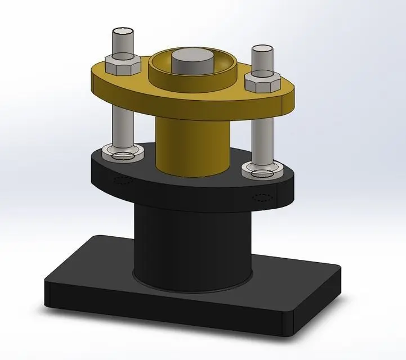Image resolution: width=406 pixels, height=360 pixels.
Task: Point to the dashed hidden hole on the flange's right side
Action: [x=263, y=197]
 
